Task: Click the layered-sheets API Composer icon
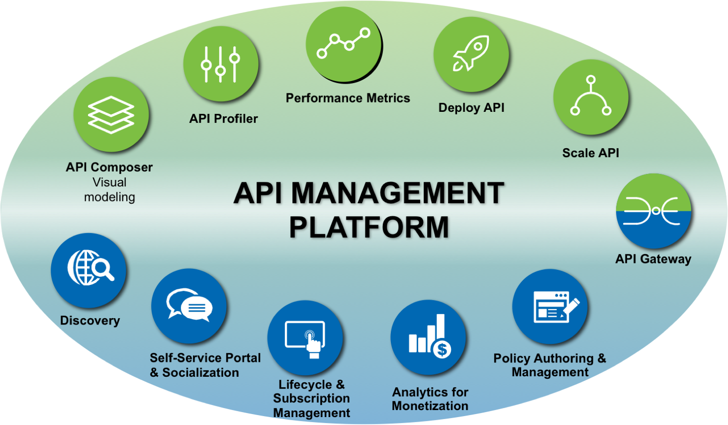pos(111,115)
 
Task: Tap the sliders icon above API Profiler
pos(221,64)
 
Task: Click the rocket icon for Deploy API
pos(471,54)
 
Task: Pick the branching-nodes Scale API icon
pos(590,97)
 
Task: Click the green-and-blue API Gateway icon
pos(653,211)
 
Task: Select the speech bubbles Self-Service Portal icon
pos(189,306)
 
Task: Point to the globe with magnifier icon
pos(89,270)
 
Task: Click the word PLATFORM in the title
pos(369,227)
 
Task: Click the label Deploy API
pos(471,108)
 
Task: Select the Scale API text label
pos(590,153)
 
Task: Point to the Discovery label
pos(90,321)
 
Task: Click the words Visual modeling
pos(109,190)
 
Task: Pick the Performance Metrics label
pos(348,98)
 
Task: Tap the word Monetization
pos(430,406)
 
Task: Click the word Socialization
pos(200,372)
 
